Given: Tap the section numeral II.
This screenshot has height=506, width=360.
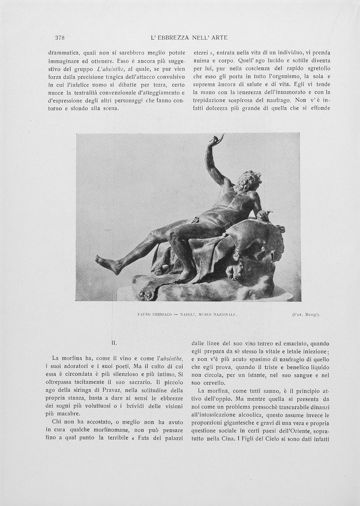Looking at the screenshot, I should tap(114, 343).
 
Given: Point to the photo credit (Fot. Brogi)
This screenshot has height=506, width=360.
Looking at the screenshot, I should tap(306, 314).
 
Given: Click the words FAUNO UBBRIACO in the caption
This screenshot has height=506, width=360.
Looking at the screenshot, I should tap(154, 314).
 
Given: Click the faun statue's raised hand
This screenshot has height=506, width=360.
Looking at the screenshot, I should tap(218, 139).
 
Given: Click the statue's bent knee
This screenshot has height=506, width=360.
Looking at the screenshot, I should tap(174, 233).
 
